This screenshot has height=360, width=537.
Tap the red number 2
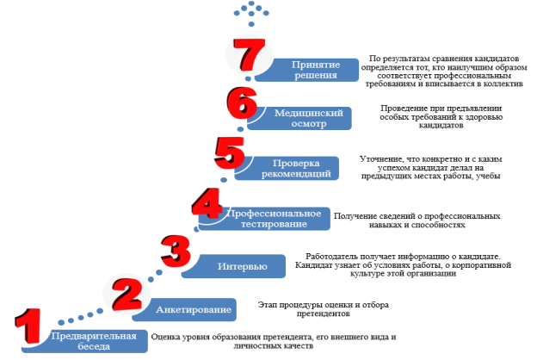(127, 295)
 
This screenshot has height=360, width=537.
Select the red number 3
(176, 251)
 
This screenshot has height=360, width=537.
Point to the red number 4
(207, 203)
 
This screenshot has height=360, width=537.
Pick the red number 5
(230, 153)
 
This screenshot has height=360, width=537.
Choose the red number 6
(242, 102)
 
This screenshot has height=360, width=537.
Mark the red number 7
(250, 55)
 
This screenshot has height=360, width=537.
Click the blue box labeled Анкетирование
(184, 309)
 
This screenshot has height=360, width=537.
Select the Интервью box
(233, 266)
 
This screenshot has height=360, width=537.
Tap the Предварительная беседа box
(84, 341)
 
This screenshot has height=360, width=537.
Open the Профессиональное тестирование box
(264, 219)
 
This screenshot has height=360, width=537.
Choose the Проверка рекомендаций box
(287, 168)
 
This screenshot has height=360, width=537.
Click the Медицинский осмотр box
(299, 118)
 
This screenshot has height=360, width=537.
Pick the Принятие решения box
(307, 70)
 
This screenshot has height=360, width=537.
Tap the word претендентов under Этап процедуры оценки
(324, 313)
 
